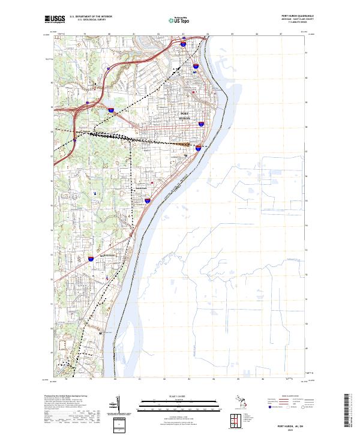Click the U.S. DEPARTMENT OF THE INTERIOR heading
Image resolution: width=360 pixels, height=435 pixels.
coord(91,17)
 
